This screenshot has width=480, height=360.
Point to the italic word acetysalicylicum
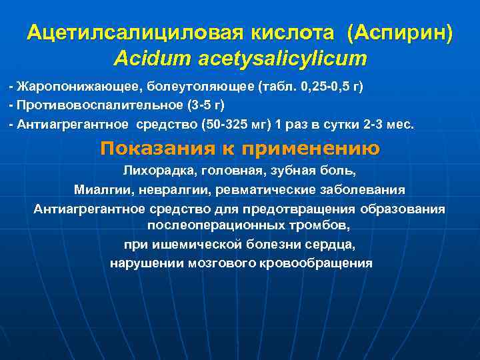click(283, 58)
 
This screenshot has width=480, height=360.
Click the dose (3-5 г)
click(203, 106)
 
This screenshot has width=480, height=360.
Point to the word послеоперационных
click(214, 225)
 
